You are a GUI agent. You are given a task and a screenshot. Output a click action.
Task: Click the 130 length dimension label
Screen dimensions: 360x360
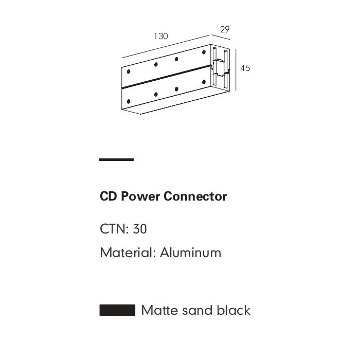tap(160, 36)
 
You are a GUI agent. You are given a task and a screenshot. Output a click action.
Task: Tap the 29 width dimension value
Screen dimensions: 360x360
tap(225, 29)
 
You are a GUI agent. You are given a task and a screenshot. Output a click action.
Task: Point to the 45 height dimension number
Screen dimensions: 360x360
tap(245, 68)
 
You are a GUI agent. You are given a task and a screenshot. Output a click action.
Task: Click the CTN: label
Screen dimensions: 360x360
tap(115, 229)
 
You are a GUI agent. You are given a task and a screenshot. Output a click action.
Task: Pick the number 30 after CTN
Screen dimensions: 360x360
tap(140, 229)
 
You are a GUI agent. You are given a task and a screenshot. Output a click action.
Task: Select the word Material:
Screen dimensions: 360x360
tap(128, 253)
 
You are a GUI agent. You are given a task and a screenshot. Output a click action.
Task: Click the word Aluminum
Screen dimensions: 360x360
tap(190, 253)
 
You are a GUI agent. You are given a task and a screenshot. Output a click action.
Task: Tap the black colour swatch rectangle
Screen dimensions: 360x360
tap(117, 310)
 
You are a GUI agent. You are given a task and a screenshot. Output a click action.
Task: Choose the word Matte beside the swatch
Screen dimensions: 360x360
tap(159, 310)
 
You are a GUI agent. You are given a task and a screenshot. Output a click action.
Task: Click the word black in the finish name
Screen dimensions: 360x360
tap(233, 310)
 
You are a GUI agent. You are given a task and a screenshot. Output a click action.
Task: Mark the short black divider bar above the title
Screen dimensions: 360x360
tap(116, 160)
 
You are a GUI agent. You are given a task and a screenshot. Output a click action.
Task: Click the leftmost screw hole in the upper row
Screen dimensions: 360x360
tap(129, 71)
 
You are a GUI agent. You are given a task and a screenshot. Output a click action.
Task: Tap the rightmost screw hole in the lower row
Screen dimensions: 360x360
tap(204, 82)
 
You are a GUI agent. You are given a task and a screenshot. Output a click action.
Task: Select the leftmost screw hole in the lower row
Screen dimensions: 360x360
tap(129, 101)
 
